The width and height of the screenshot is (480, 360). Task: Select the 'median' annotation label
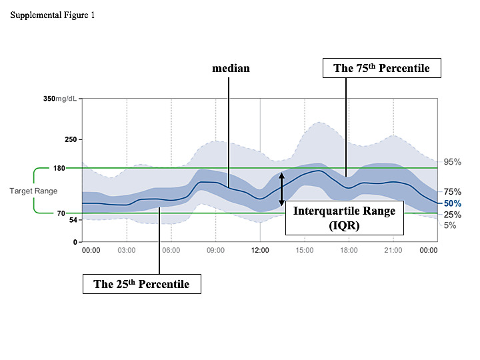231,68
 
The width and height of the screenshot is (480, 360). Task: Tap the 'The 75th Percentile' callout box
381,68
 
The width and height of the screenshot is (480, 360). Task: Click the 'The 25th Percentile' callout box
141,284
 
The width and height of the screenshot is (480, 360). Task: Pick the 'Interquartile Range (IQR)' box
345,217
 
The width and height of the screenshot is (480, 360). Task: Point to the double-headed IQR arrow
281,189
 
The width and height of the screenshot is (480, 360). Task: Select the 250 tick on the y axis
70,139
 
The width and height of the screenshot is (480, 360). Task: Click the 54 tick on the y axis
73,220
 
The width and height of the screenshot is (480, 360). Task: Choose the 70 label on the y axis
60,213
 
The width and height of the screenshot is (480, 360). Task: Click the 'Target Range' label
33,191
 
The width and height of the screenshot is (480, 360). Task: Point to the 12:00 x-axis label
260,251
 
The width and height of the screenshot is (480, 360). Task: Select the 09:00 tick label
215,251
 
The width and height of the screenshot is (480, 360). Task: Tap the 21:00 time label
393,251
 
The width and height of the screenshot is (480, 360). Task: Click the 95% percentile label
453,162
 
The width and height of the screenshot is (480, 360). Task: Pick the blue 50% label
453,203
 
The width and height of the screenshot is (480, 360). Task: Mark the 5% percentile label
451,225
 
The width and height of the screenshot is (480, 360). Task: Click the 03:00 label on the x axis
127,251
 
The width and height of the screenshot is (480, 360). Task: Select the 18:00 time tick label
349,251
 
